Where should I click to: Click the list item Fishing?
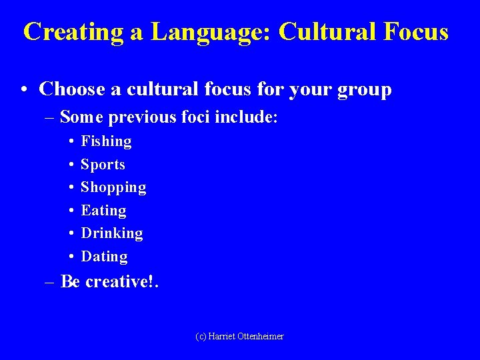click(x=106, y=141)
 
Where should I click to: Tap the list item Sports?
click(x=103, y=165)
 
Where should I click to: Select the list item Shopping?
click(x=113, y=188)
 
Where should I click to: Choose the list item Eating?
click(x=103, y=211)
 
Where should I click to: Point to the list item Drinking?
click(x=111, y=233)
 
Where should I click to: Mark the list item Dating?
click(x=104, y=257)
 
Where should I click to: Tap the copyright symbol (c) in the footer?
click(x=200, y=337)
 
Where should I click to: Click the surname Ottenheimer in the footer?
click(x=259, y=337)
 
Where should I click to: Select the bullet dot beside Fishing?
click(x=71, y=141)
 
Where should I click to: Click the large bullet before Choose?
click(x=23, y=90)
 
